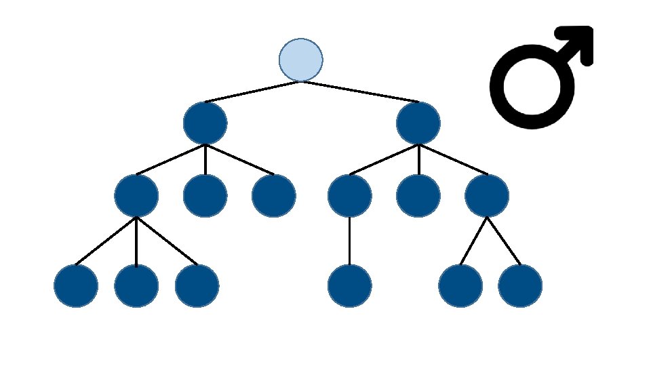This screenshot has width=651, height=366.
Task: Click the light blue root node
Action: tap(300, 60)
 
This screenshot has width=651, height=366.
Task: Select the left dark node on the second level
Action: tap(205, 123)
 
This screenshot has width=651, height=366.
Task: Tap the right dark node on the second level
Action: tap(418, 123)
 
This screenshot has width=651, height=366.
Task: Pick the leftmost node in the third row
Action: tap(136, 196)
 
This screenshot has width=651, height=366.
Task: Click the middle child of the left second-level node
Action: tap(205, 196)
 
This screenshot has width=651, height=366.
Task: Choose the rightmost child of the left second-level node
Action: tap(273, 196)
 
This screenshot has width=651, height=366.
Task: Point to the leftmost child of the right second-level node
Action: tap(349, 196)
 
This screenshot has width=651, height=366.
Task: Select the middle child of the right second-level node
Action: tap(418, 196)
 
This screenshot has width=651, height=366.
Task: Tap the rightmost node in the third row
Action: tap(487, 196)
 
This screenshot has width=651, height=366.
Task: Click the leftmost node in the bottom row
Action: tap(76, 286)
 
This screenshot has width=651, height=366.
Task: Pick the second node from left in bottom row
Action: tap(136, 286)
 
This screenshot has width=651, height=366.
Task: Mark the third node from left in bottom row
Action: tap(197, 286)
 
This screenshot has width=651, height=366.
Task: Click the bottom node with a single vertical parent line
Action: tap(349, 286)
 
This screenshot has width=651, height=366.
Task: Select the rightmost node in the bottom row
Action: tap(520, 286)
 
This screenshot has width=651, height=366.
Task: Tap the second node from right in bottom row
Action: tap(460, 286)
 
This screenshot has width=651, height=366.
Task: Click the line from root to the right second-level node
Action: tap(359, 92)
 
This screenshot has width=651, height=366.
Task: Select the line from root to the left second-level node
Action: tap(252, 92)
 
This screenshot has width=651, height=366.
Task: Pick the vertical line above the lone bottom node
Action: tap(349, 241)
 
